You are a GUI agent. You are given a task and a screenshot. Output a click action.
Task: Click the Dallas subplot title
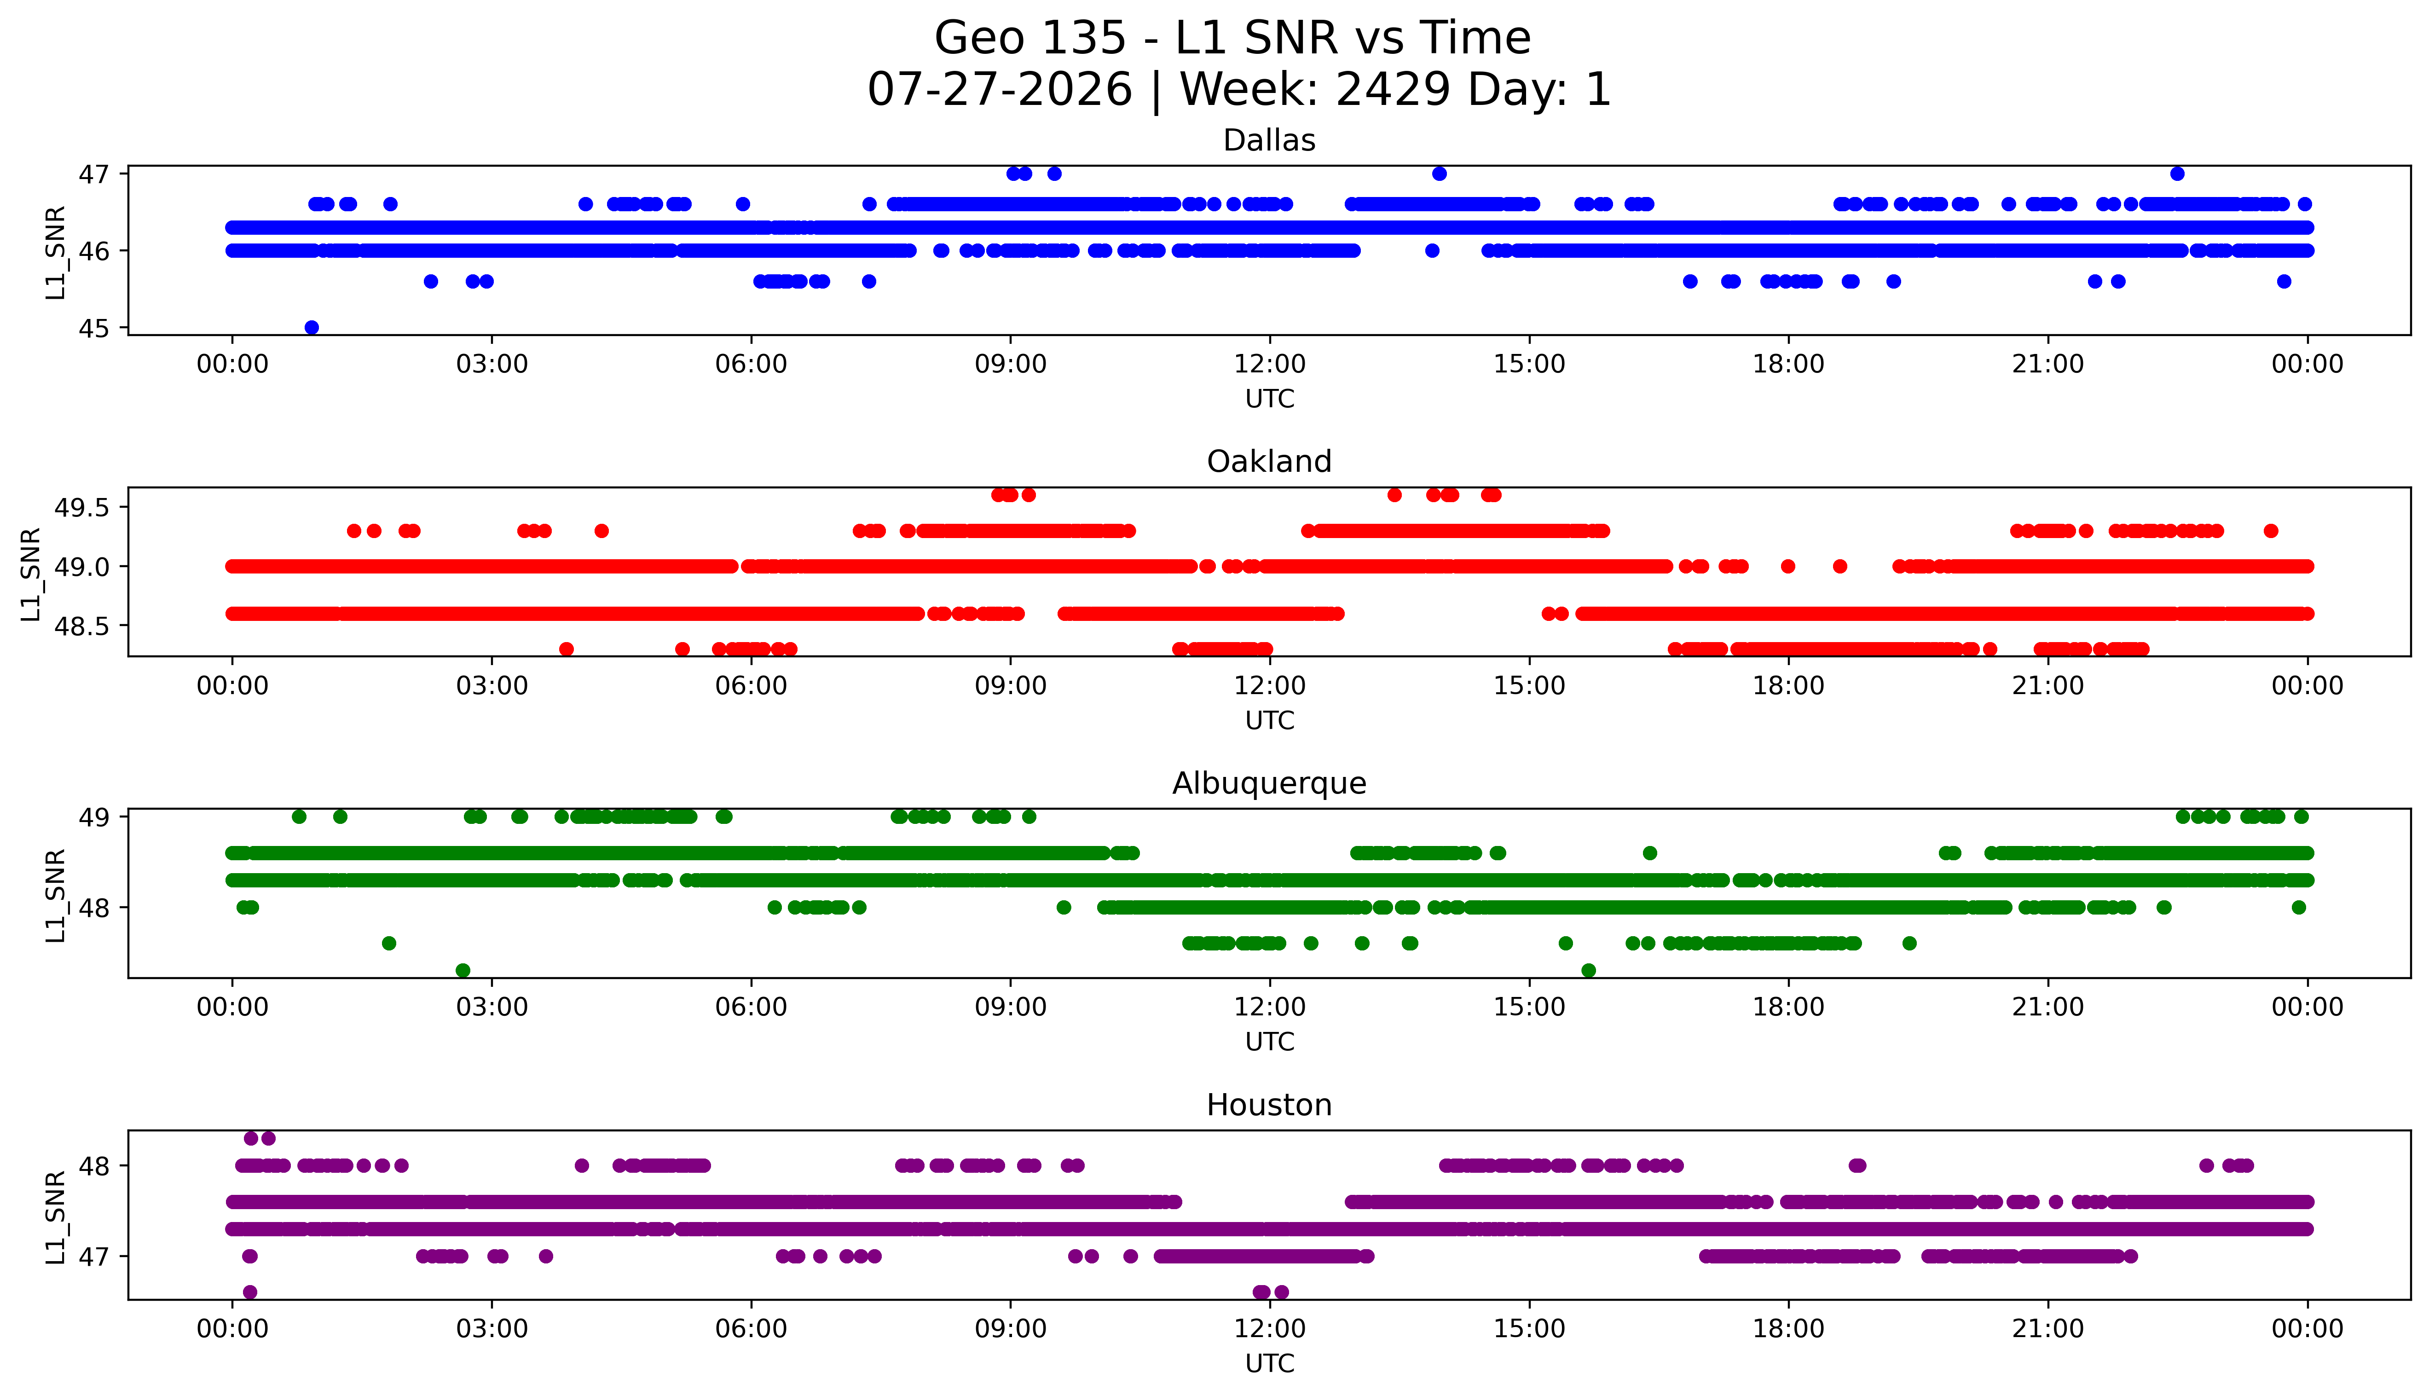click(1269, 141)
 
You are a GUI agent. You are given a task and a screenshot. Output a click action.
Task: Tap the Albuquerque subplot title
click(1269, 783)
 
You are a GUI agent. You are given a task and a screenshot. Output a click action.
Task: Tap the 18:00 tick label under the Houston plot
click(1789, 1329)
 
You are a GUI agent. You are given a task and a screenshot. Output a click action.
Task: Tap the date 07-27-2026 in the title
click(1000, 90)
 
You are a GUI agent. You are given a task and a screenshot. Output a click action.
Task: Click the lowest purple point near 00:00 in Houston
click(250, 1292)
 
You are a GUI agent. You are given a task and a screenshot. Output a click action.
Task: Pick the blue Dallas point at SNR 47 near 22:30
click(2177, 174)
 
